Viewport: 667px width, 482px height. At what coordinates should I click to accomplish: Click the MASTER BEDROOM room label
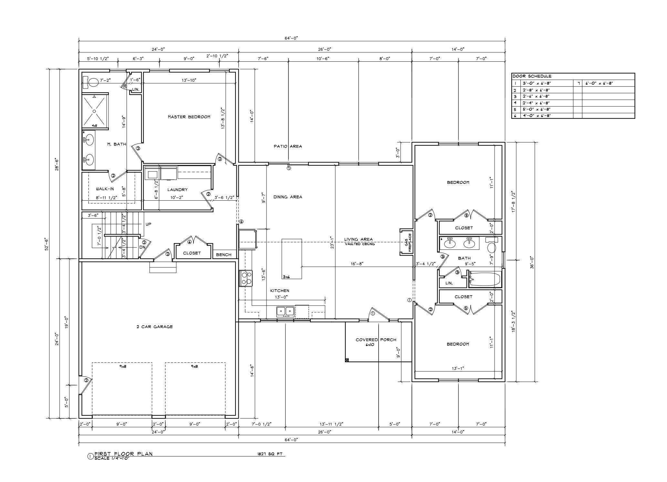coord(189,117)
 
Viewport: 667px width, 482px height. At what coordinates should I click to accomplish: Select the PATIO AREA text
coord(287,146)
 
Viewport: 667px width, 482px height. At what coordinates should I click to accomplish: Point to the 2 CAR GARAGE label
coord(154,327)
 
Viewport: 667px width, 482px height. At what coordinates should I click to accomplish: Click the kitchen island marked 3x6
coord(292,258)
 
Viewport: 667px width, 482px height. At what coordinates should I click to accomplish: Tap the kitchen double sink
coord(286,311)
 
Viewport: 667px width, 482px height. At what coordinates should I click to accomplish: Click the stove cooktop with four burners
coord(245,278)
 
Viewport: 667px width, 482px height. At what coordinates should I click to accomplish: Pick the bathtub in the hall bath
coord(485,279)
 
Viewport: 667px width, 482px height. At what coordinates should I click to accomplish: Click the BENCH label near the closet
coord(224,255)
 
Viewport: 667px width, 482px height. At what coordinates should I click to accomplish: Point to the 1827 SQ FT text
coord(268,454)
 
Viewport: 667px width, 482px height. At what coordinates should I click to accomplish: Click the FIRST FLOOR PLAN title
coord(123,454)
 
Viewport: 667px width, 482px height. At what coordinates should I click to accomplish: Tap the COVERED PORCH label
coord(376,340)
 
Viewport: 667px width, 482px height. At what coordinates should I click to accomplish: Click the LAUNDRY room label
coord(177,190)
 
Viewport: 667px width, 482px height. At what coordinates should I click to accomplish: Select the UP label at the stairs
coord(148,224)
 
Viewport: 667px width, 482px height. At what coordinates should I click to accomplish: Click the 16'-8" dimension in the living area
coord(357,264)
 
